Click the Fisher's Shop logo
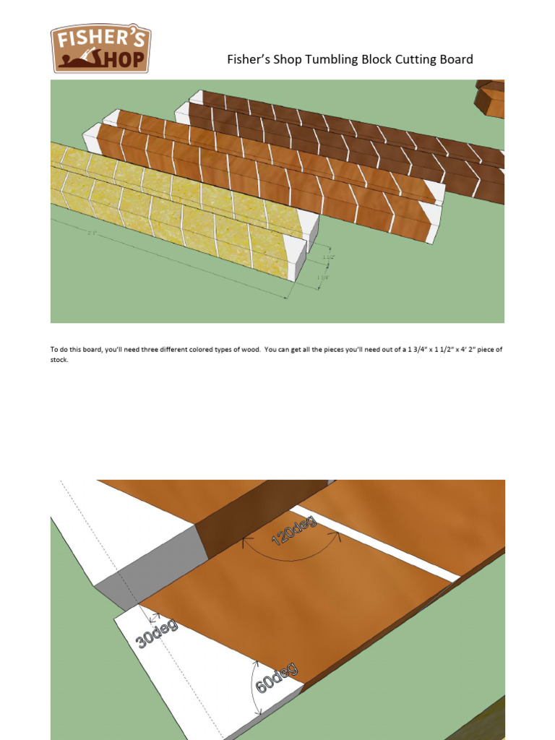pyautogui.click(x=100, y=49)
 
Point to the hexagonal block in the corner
pyautogui.click(x=491, y=97)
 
